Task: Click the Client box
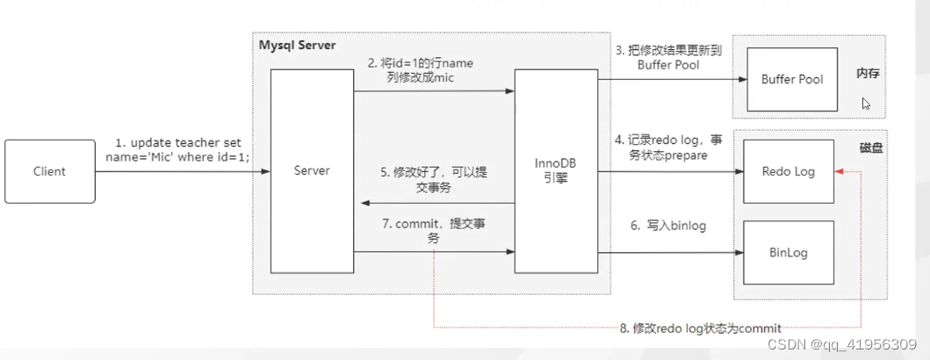[49, 171]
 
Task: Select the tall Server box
[312, 170]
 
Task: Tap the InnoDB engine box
[556, 170]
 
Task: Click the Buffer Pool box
[792, 79]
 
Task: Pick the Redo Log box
[787, 170]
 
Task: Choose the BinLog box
[788, 253]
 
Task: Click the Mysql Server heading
[296, 44]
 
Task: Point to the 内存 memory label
[868, 75]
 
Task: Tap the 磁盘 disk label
[871, 149]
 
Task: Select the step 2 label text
[422, 70]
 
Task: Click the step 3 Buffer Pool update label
[668, 57]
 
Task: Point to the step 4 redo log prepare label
[668, 147]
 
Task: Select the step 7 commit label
[434, 231]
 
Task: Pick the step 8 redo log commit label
[700, 328]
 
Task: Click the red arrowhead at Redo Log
[841, 171]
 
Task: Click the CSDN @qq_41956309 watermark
[842, 345]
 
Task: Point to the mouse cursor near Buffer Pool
[866, 104]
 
